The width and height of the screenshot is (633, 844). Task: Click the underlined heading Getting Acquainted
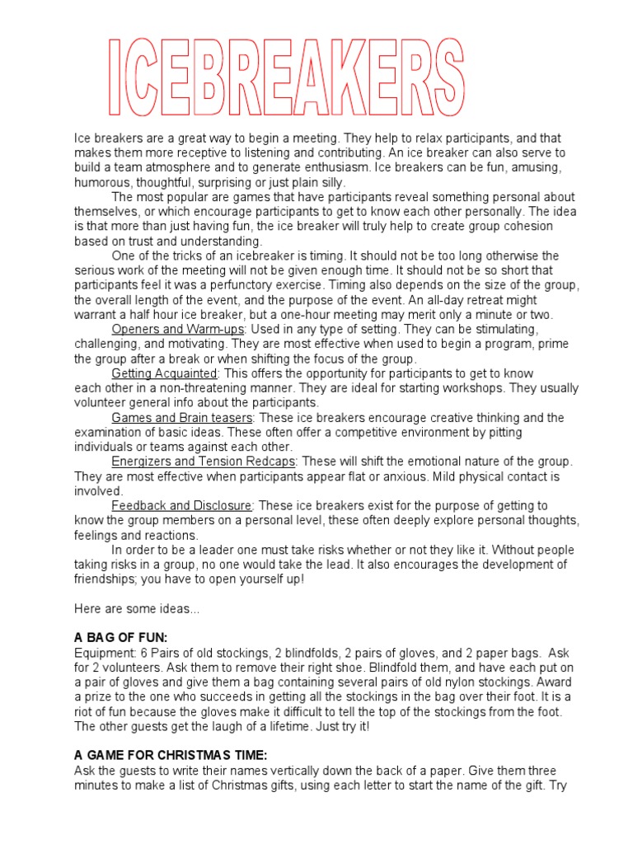[x=163, y=373]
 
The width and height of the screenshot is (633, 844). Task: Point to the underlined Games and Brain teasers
[x=181, y=418]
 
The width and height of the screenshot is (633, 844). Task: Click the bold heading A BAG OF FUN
[x=120, y=637]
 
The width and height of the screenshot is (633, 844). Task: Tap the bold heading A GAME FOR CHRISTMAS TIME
[x=171, y=755]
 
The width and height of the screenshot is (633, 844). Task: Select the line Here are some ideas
[x=136, y=608]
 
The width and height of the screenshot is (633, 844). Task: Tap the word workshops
[x=458, y=388]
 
